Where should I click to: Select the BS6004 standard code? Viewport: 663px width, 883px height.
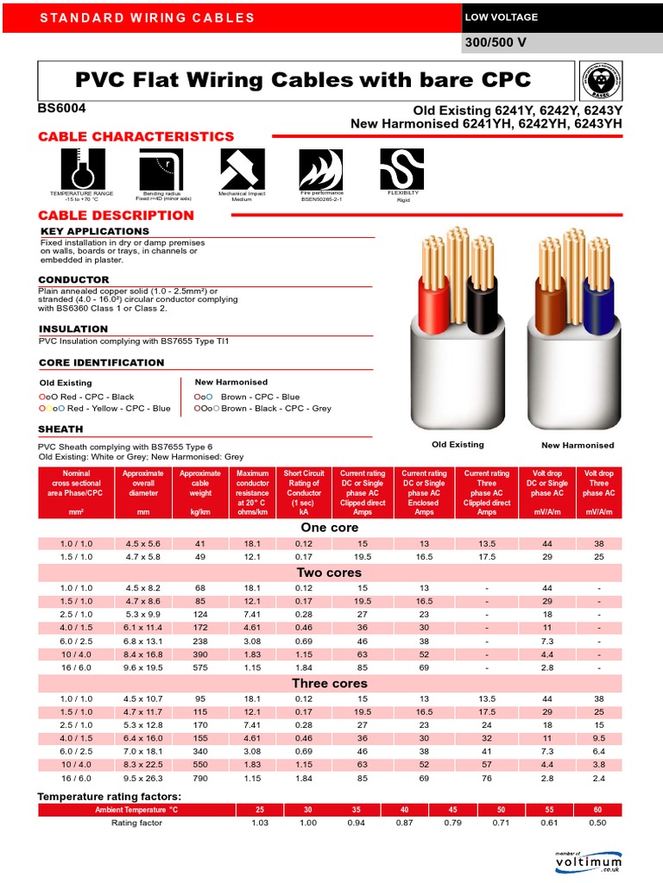click(x=61, y=109)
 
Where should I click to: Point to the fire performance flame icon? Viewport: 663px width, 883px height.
click(x=321, y=169)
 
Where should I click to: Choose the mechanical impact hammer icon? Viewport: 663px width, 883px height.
click(x=242, y=169)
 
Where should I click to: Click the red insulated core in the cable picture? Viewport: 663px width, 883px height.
click(x=431, y=306)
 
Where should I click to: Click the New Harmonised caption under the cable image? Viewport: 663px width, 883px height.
click(x=578, y=445)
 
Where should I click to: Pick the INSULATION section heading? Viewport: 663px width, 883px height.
click(x=73, y=329)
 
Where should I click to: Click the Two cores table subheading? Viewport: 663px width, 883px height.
click(x=329, y=573)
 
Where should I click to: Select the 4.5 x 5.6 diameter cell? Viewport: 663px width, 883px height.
click(x=142, y=543)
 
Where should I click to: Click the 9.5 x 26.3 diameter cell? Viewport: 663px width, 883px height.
click(x=142, y=779)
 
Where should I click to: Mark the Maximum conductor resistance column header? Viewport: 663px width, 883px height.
click(x=253, y=492)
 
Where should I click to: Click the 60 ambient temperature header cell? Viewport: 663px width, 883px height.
click(x=599, y=810)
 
